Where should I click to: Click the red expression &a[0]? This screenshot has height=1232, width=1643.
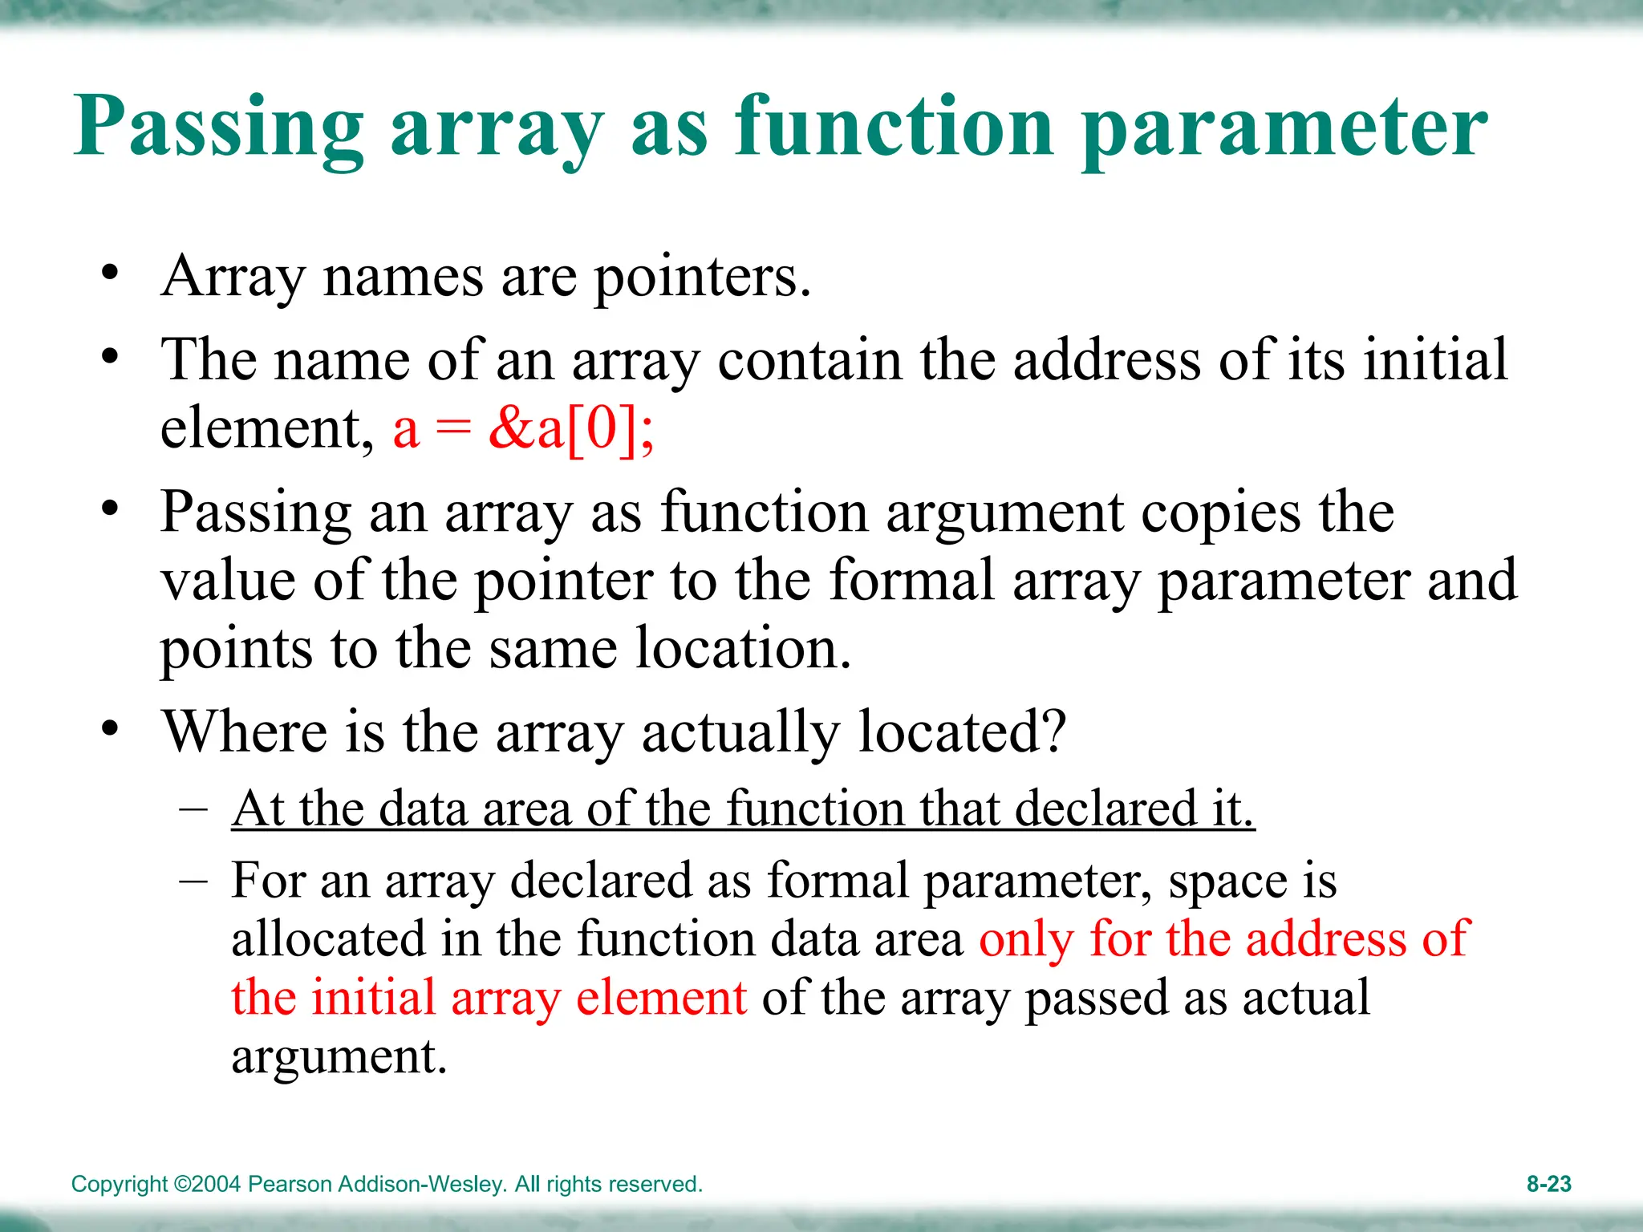[571, 429]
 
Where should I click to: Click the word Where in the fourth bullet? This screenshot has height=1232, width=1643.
[245, 731]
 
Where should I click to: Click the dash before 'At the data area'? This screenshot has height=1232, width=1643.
[193, 807]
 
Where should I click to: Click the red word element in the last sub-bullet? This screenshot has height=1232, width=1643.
[661, 998]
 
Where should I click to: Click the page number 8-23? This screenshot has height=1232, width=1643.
[1548, 1184]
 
